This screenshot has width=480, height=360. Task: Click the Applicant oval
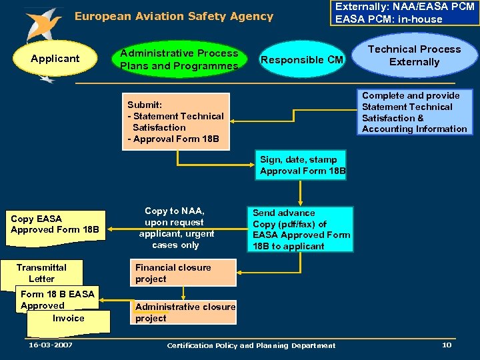tap(55, 59)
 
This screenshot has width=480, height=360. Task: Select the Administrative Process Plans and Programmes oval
tap(179, 59)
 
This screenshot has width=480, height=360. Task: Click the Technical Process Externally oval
tap(414, 56)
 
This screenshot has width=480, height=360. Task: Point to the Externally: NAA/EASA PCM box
tap(405, 13)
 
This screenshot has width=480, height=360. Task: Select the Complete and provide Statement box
tap(414, 112)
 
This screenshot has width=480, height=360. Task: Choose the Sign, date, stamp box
tap(303, 165)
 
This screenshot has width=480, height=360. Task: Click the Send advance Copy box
tap(301, 229)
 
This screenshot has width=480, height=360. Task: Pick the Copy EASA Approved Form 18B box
tap(55, 225)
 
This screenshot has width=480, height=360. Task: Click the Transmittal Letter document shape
tap(41, 273)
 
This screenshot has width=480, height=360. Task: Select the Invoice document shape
tap(69, 321)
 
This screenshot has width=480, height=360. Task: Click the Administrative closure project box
tap(185, 312)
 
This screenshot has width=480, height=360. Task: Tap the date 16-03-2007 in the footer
tap(51, 345)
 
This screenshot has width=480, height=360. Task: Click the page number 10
tap(446, 345)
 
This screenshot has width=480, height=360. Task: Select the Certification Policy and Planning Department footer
tap(251, 345)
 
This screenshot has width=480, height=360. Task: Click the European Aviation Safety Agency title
tap(173, 16)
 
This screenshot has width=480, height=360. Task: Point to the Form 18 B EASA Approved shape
tap(57, 299)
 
